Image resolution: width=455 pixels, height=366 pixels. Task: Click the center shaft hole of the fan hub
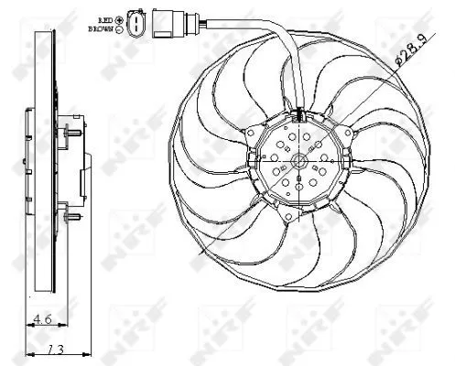(x=298, y=162)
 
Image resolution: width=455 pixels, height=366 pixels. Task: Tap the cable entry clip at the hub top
(x=298, y=115)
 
